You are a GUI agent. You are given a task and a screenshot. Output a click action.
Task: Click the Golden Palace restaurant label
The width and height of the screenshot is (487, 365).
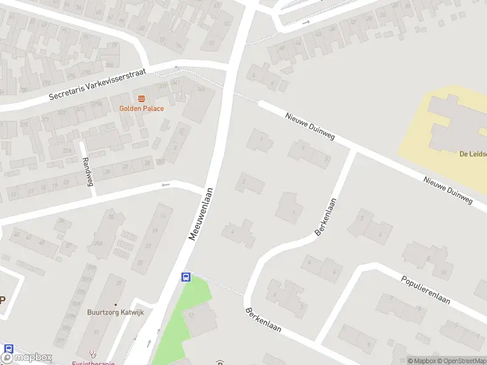click(x=141, y=108)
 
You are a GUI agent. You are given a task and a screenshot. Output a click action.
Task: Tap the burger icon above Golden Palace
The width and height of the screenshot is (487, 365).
click(x=141, y=98)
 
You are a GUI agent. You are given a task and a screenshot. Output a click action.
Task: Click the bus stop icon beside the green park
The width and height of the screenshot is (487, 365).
click(x=186, y=277)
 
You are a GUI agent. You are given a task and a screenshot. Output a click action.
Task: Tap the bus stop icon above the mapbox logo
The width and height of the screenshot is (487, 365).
click(x=9, y=349)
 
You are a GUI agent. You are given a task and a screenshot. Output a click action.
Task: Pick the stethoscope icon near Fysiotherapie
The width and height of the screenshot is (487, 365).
click(x=93, y=352)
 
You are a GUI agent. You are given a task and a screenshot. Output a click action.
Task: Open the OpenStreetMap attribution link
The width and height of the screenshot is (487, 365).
click(x=461, y=361)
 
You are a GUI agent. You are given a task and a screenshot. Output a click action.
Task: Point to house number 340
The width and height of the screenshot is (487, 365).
click(x=200, y=89)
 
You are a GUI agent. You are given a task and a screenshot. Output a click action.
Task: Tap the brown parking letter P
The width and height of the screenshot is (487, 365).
click(x=2, y=299)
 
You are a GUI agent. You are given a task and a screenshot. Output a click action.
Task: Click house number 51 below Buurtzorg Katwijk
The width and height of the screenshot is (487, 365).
click(x=96, y=332)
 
